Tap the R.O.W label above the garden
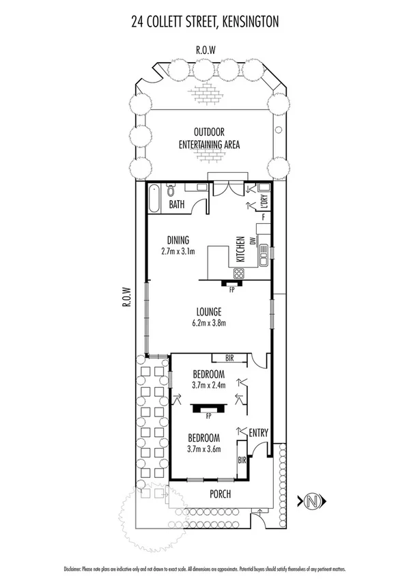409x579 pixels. pos(204,51)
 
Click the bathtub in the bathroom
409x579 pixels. pos(154,200)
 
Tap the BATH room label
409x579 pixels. pos(177,204)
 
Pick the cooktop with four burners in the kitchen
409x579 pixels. pos(238,273)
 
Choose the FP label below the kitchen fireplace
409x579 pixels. pos(232,290)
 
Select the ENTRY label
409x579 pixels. pos(259,432)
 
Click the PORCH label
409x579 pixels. pos(220,494)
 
